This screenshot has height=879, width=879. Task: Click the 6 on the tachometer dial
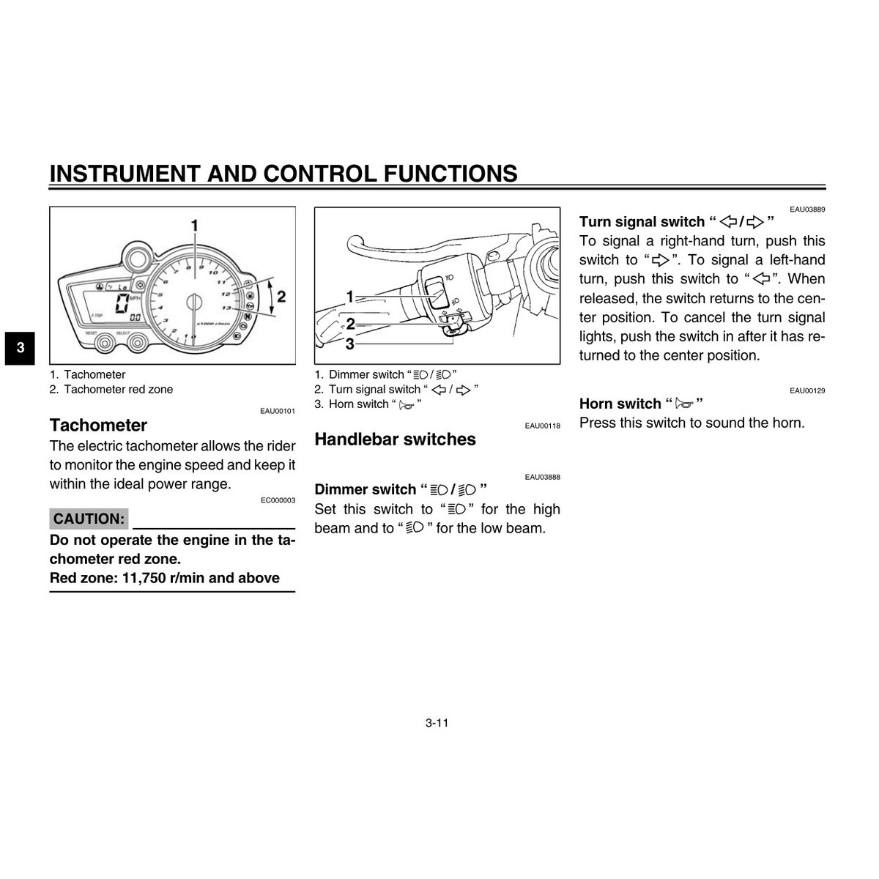166,281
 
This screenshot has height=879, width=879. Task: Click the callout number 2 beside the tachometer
281,297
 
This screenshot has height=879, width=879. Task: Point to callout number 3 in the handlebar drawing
349,343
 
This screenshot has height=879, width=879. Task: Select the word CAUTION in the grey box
89,519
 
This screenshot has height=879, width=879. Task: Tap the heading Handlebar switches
395,439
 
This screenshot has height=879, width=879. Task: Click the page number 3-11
437,723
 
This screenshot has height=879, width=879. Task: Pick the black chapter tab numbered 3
21,348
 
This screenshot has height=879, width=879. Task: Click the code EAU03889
807,209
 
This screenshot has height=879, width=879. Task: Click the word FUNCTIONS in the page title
450,174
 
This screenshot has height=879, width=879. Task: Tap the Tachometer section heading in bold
98,426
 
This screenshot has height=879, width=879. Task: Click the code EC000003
278,500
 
